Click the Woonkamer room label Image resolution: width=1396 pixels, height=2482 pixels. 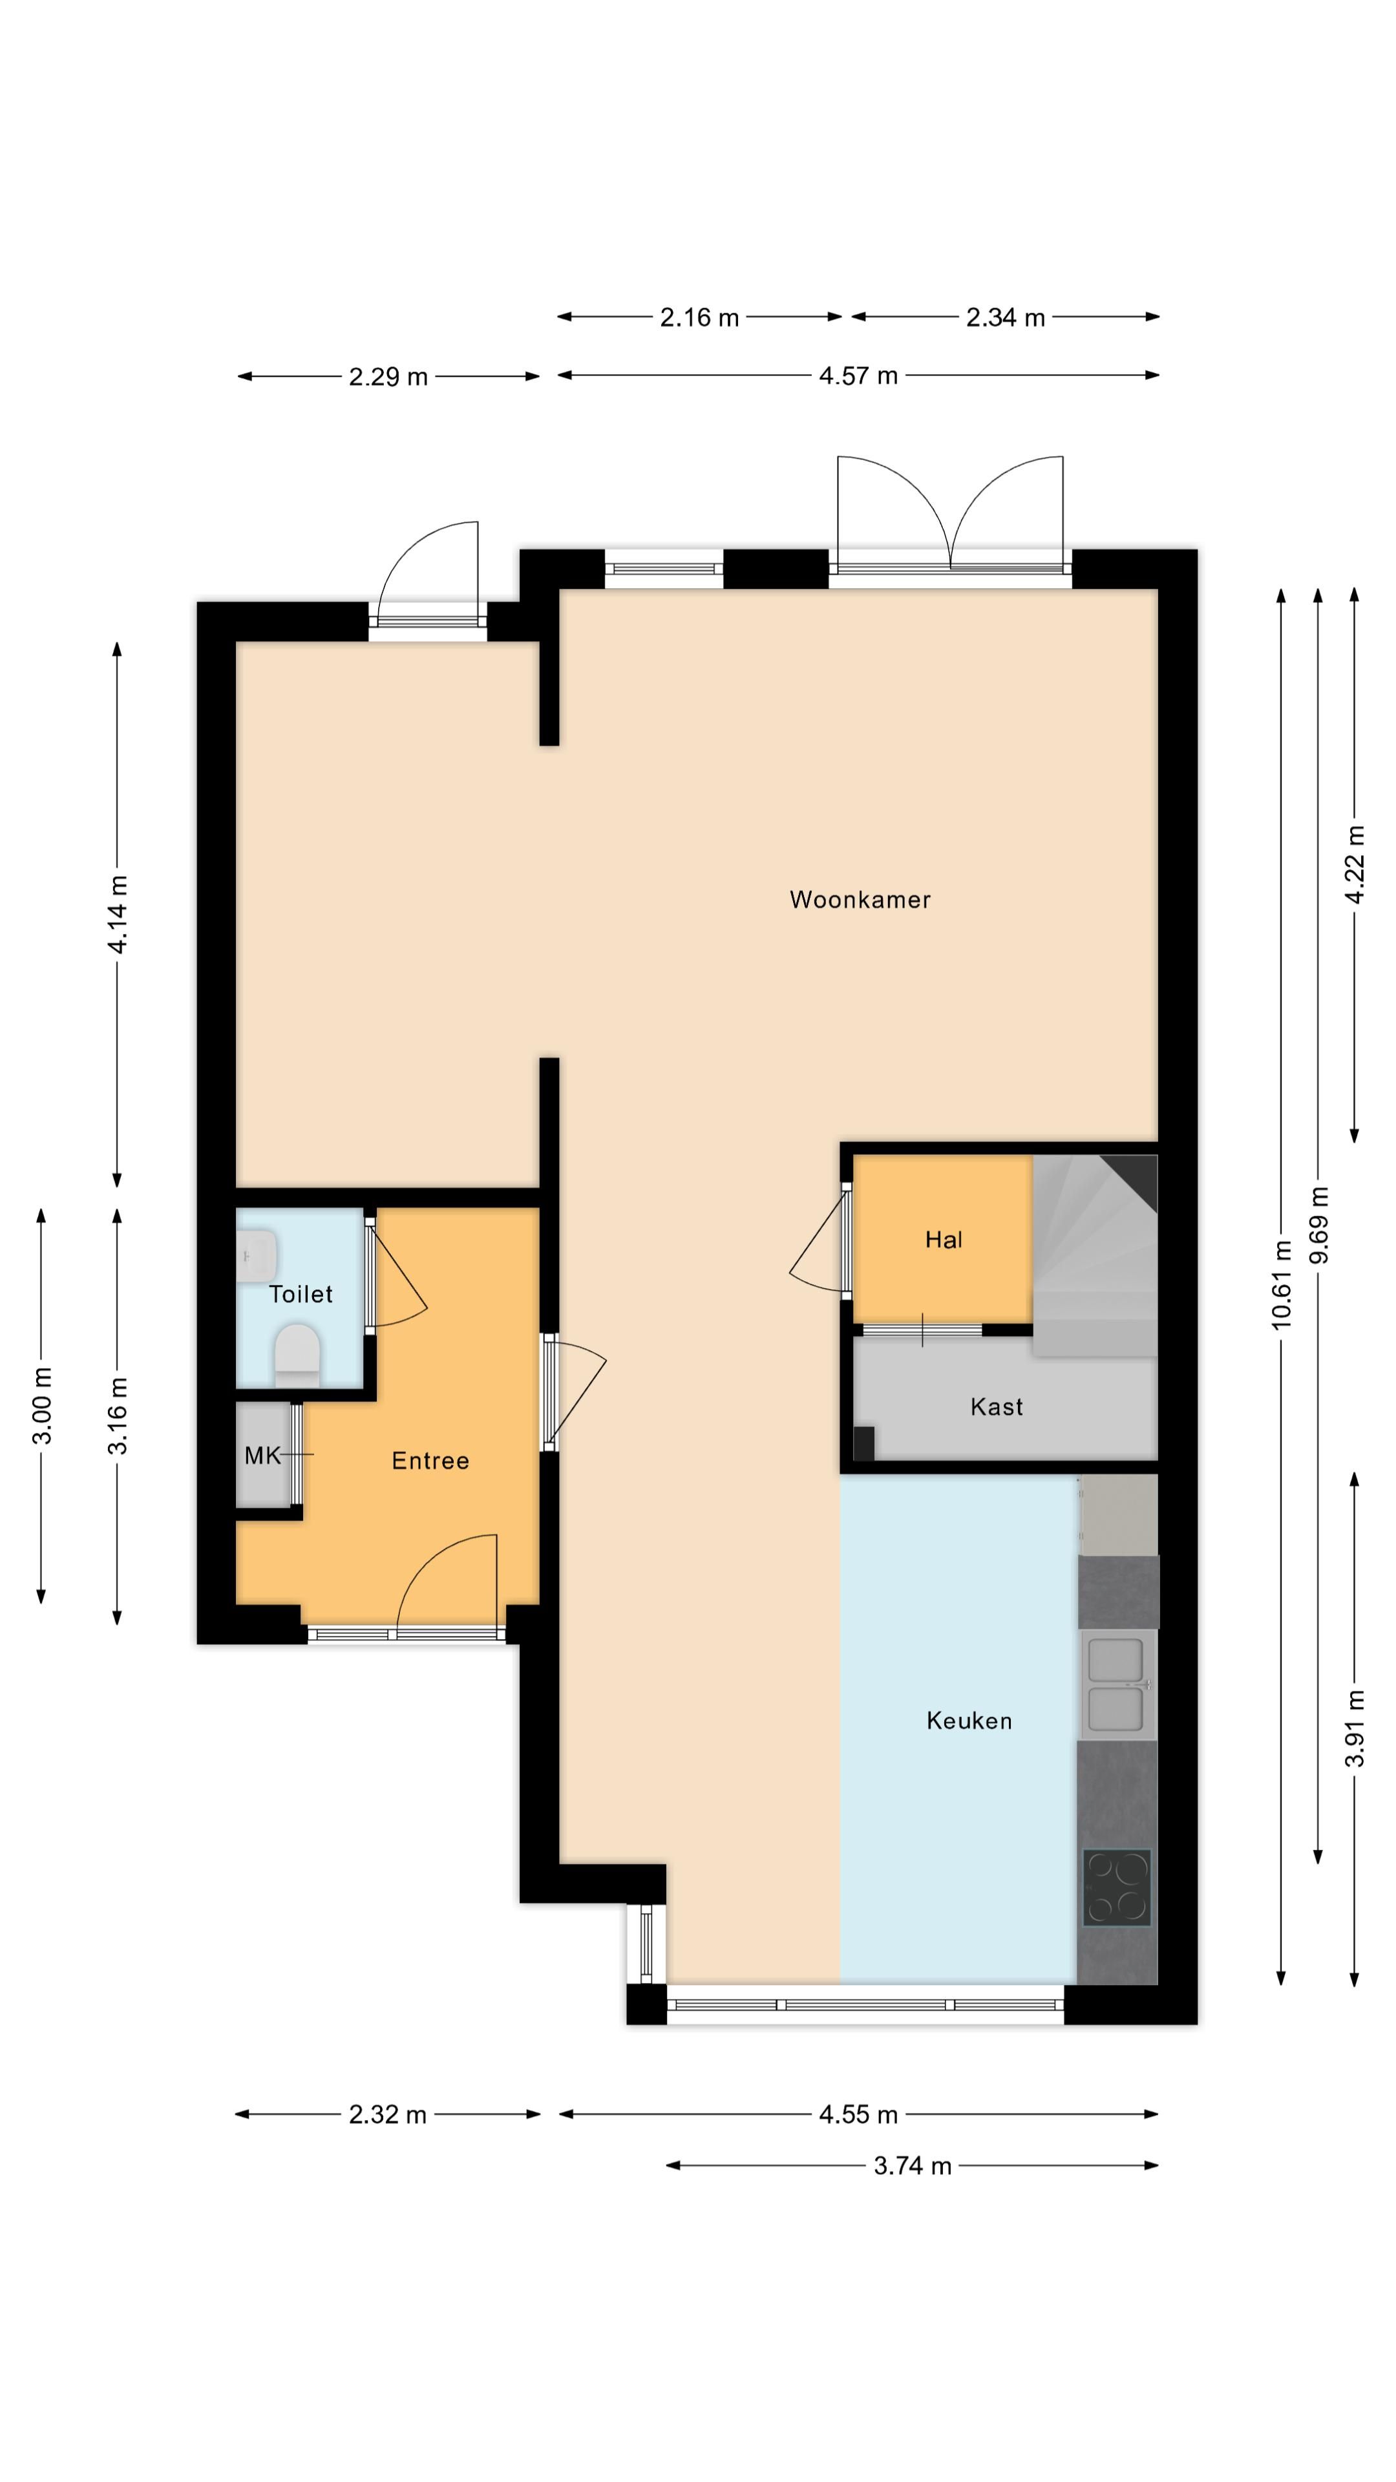pyautogui.click(x=860, y=900)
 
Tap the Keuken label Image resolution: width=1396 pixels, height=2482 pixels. pyautogui.click(x=968, y=1721)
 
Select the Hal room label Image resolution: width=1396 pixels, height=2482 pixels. pyautogui.click(x=943, y=1240)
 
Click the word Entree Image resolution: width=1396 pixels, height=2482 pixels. pyautogui.click(x=430, y=1461)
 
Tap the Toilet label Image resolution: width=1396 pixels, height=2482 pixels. pyautogui.click(x=301, y=1294)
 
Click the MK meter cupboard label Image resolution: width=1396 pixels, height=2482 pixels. pyautogui.click(x=262, y=1455)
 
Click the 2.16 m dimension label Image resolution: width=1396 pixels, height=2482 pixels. pyautogui.click(x=699, y=317)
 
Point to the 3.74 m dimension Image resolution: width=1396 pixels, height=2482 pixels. pyautogui.click(x=911, y=2166)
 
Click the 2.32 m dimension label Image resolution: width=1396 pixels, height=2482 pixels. pyautogui.click(x=387, y=2114)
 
